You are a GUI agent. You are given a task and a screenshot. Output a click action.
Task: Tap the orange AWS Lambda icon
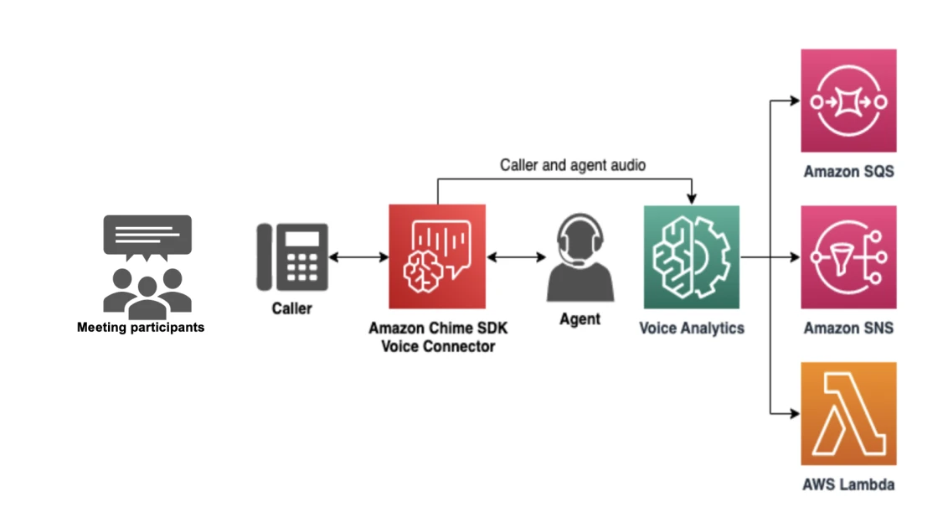(848, 413)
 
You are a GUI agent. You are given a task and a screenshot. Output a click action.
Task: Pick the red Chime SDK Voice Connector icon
(436, 256)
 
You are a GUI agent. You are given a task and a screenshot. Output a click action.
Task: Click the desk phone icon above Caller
(291, 256)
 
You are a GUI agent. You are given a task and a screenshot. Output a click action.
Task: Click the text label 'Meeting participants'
(141, 328)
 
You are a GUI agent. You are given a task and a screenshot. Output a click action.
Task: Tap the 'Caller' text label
(291, 308)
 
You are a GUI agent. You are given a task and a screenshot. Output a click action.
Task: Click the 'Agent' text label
(580, 319)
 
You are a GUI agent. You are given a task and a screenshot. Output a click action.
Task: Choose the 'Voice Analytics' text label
(691, 328)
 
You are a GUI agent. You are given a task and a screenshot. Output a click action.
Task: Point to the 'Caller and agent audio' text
(573, 165)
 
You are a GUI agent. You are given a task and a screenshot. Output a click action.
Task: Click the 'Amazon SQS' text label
(848, 172)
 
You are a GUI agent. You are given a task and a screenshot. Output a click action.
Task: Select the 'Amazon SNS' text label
(848, 328)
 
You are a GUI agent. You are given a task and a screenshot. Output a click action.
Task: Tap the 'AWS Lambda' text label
(848, 484)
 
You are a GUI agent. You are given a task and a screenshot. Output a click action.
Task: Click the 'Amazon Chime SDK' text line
(437, 328)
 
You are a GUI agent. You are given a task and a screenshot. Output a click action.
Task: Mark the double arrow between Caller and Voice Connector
(358, 257)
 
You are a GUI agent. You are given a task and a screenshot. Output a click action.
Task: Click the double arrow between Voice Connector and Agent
(516, 257)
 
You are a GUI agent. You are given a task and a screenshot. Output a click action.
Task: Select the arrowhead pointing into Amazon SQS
(795, 101)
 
